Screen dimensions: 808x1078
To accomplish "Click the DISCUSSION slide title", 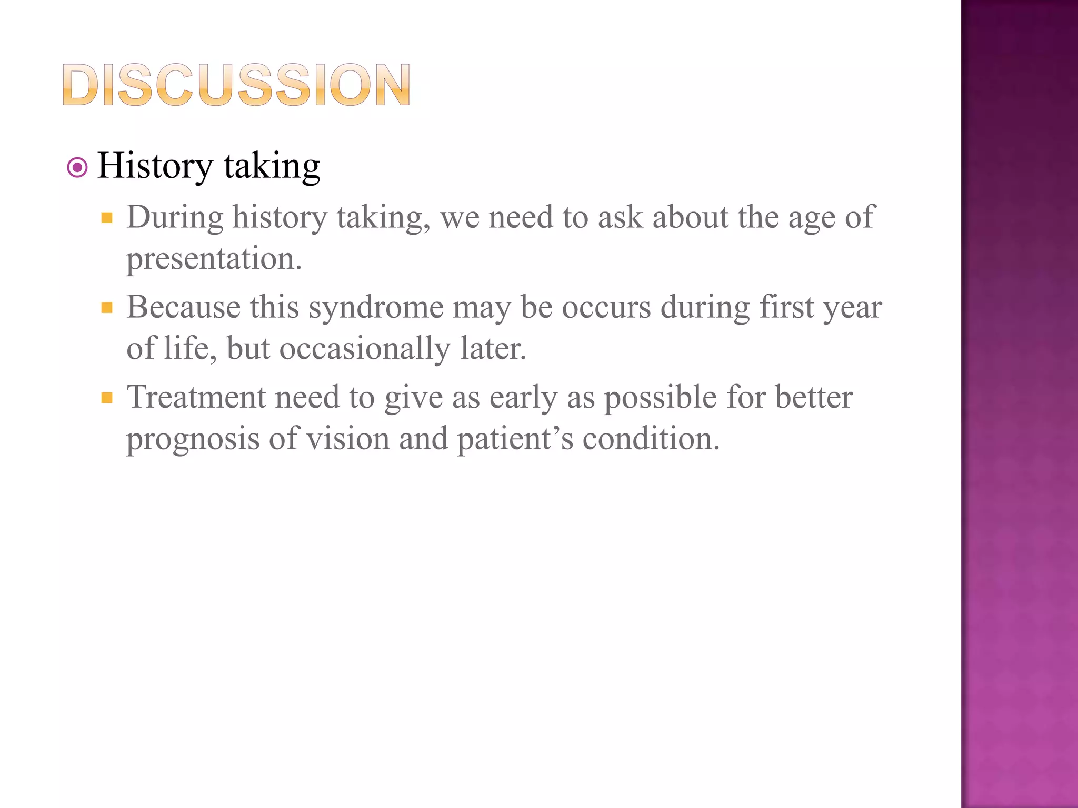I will (236, 85).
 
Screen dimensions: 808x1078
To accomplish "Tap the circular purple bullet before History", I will (78, 168).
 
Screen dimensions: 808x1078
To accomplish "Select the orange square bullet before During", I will (107, 218).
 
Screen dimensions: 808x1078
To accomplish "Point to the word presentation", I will (214, 259).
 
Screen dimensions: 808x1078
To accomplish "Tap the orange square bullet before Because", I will (107, 308).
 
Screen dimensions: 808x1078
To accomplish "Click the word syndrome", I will (376, 307).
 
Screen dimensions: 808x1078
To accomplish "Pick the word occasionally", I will (364, 349).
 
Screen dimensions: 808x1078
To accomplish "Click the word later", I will (493, 349).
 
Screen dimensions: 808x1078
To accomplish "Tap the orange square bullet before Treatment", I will (107, 398).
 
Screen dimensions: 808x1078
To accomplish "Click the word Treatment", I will (196, 397).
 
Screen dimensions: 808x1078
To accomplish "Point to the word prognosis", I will (193, 439).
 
